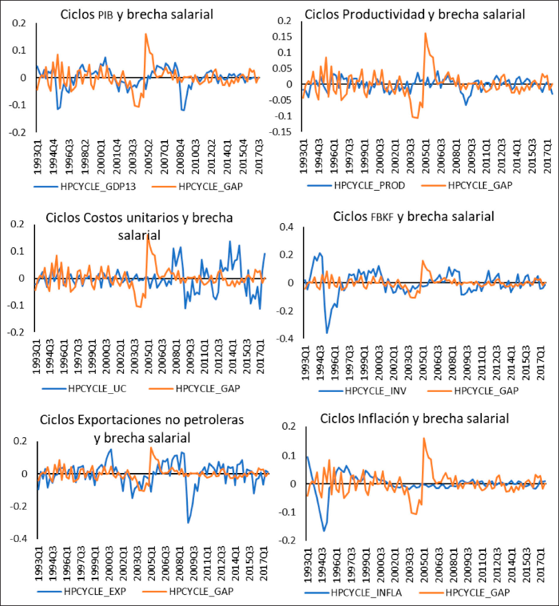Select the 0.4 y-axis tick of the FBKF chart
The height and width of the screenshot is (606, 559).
[x=286, y=227]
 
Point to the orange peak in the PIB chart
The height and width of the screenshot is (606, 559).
[x=146, y=34]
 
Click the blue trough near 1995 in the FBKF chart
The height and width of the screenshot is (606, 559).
[x=327, y=333]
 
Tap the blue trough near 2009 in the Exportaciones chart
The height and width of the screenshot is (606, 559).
[x=188, y=523]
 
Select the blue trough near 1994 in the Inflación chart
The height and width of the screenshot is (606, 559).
[x=324, y=531]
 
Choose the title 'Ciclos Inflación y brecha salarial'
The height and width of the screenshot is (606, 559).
[x=413, y=418]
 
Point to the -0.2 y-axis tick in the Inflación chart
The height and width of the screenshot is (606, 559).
[x=284, y=541]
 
